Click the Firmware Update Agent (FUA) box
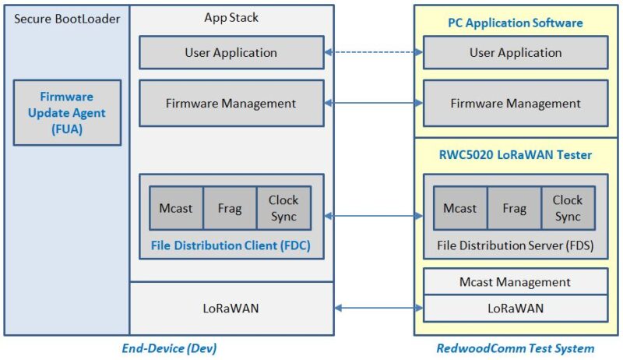click(x=67, y=112)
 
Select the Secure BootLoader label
click(x=67, y=18)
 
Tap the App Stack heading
click(x=231, y=18)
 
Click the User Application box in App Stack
click(x=231, y=53)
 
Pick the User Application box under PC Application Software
click(x=516, y=53)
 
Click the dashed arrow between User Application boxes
click(x=373, y=53)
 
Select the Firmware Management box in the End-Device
click(x=231, y=103)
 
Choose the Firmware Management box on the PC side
click(x=516, y=103)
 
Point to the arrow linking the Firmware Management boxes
click(x=373, y=103)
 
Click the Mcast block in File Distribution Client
click(x=176, y=208)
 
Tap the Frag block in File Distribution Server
click(x=514, y=208)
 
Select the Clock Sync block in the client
click(x=283, y=208)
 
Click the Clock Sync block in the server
click(x=568, y=208)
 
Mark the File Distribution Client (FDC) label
click(x=231, y=245)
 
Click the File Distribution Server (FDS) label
click(x=516, y=245)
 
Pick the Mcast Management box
click(x=516, y=282)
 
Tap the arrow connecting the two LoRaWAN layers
click(x=373, y=309)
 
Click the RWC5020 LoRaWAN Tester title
click(x=516, y=155)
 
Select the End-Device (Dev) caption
click(x=168, y=348)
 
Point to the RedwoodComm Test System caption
click(x=516, y=348)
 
